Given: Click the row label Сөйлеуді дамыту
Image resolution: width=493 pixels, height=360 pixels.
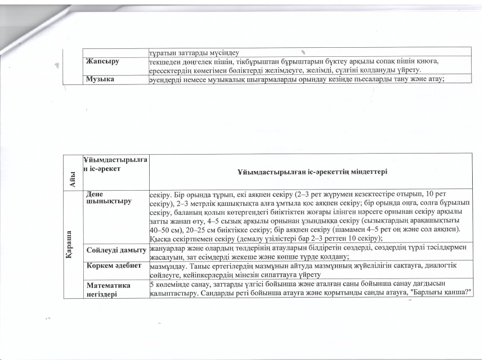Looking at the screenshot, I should pos(116,249).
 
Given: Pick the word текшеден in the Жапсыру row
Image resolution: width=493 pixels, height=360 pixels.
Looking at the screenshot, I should pos(164,61).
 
